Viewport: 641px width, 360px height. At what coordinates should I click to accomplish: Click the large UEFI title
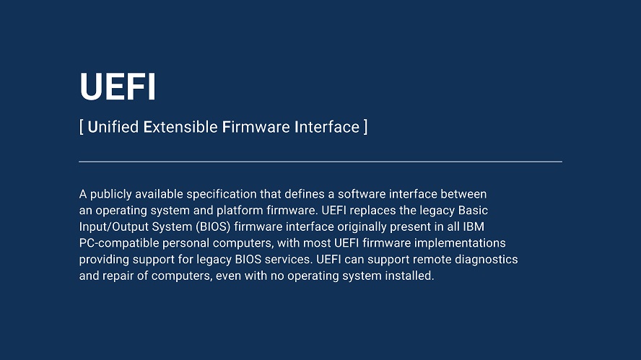click(118, 87)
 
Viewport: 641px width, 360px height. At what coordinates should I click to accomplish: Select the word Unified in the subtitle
click(113, 127)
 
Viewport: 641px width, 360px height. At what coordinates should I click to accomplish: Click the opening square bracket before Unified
click(82, 127)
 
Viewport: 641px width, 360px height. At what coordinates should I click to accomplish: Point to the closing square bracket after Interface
click(365, 127)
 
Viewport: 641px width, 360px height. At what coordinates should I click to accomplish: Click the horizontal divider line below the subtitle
click(320, 162)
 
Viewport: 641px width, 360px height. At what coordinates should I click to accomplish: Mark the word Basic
click(473, 211)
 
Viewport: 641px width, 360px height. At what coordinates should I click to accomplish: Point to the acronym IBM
click(474, 227)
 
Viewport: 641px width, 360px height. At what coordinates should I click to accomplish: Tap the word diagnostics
click(487, 260)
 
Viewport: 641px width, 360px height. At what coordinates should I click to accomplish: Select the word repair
click(118, 276)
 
